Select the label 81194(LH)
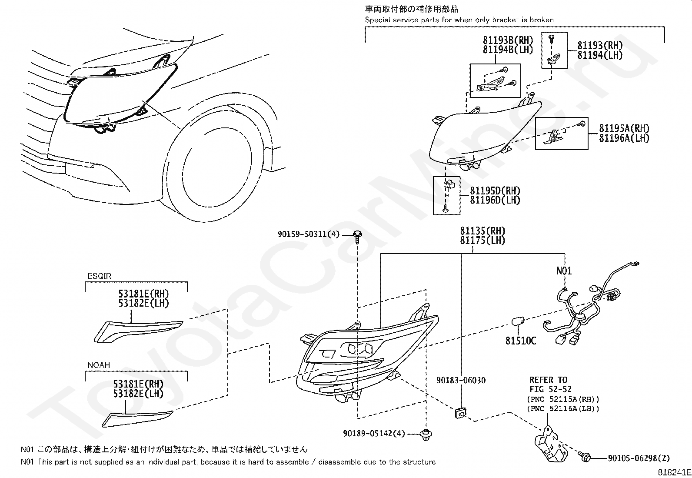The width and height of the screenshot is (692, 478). (x=600, y=55)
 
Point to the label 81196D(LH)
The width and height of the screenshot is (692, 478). (x=495, y=201)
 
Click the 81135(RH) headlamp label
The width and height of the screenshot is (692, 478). (x=483, y=231)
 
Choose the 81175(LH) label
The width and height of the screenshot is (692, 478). (x=483, y=241)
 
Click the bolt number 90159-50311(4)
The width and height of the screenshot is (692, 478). (x=308, y=234)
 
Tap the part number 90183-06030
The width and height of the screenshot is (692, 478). (x=461, y=381)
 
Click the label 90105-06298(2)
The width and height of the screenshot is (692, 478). (x=639, y=458)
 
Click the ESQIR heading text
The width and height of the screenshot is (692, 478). (x=100, y=276)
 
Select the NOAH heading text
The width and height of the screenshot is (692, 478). (x=99, y=365)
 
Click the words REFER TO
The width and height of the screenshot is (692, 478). (x=548, y=380)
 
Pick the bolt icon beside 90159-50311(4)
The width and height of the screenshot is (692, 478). (x=358, y=236)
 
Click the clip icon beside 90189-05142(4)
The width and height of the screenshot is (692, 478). (x=425, y=435)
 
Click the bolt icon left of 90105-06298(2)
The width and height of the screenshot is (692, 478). (x=585, y=457)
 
